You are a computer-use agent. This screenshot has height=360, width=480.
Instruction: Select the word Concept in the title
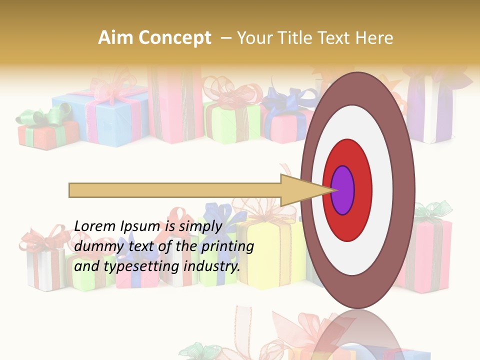174,38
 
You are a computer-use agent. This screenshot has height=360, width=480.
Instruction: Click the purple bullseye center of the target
343,190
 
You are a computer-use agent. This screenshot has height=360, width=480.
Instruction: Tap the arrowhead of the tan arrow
305,190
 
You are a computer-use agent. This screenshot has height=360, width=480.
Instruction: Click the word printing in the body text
227,247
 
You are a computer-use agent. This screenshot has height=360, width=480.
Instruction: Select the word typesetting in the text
142,267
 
